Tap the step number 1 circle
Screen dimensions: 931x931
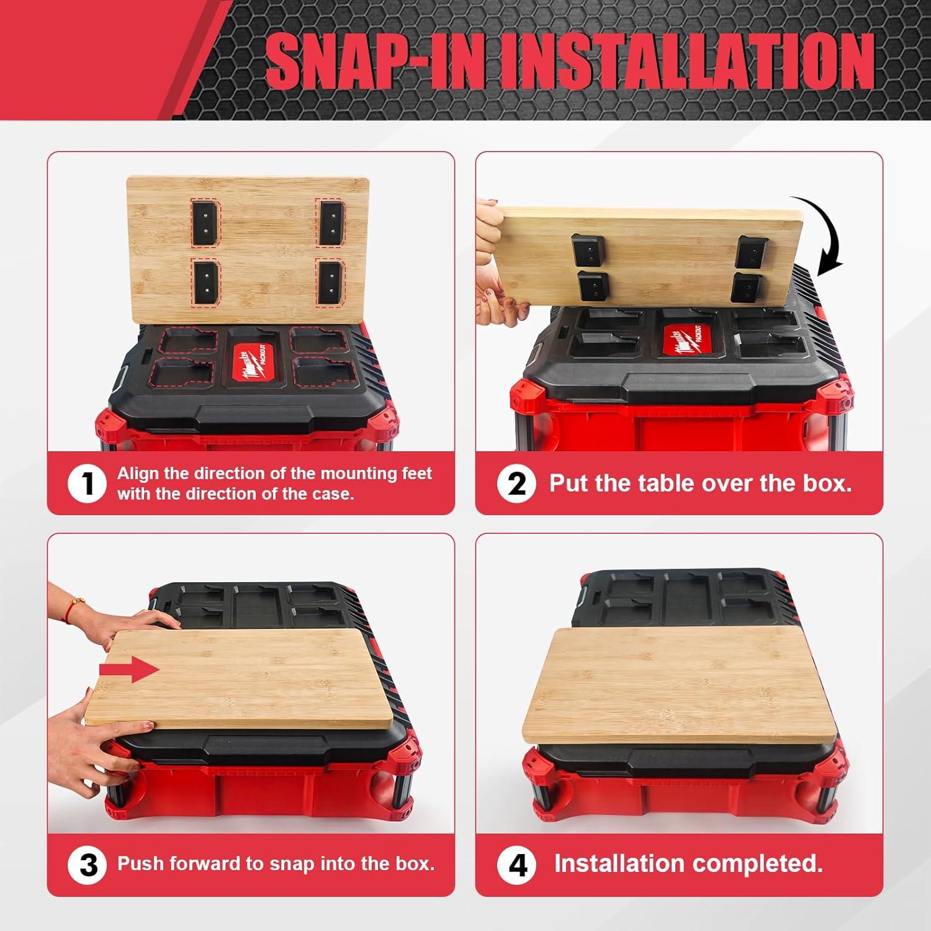click(x=86, y=484)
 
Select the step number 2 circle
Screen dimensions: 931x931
click(x=516, y=484)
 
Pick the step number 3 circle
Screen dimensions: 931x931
click(x=88, y=865)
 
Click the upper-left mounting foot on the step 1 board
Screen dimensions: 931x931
click(x=205, y=221)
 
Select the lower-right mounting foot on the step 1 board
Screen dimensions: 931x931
click(x=328, y=283)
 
